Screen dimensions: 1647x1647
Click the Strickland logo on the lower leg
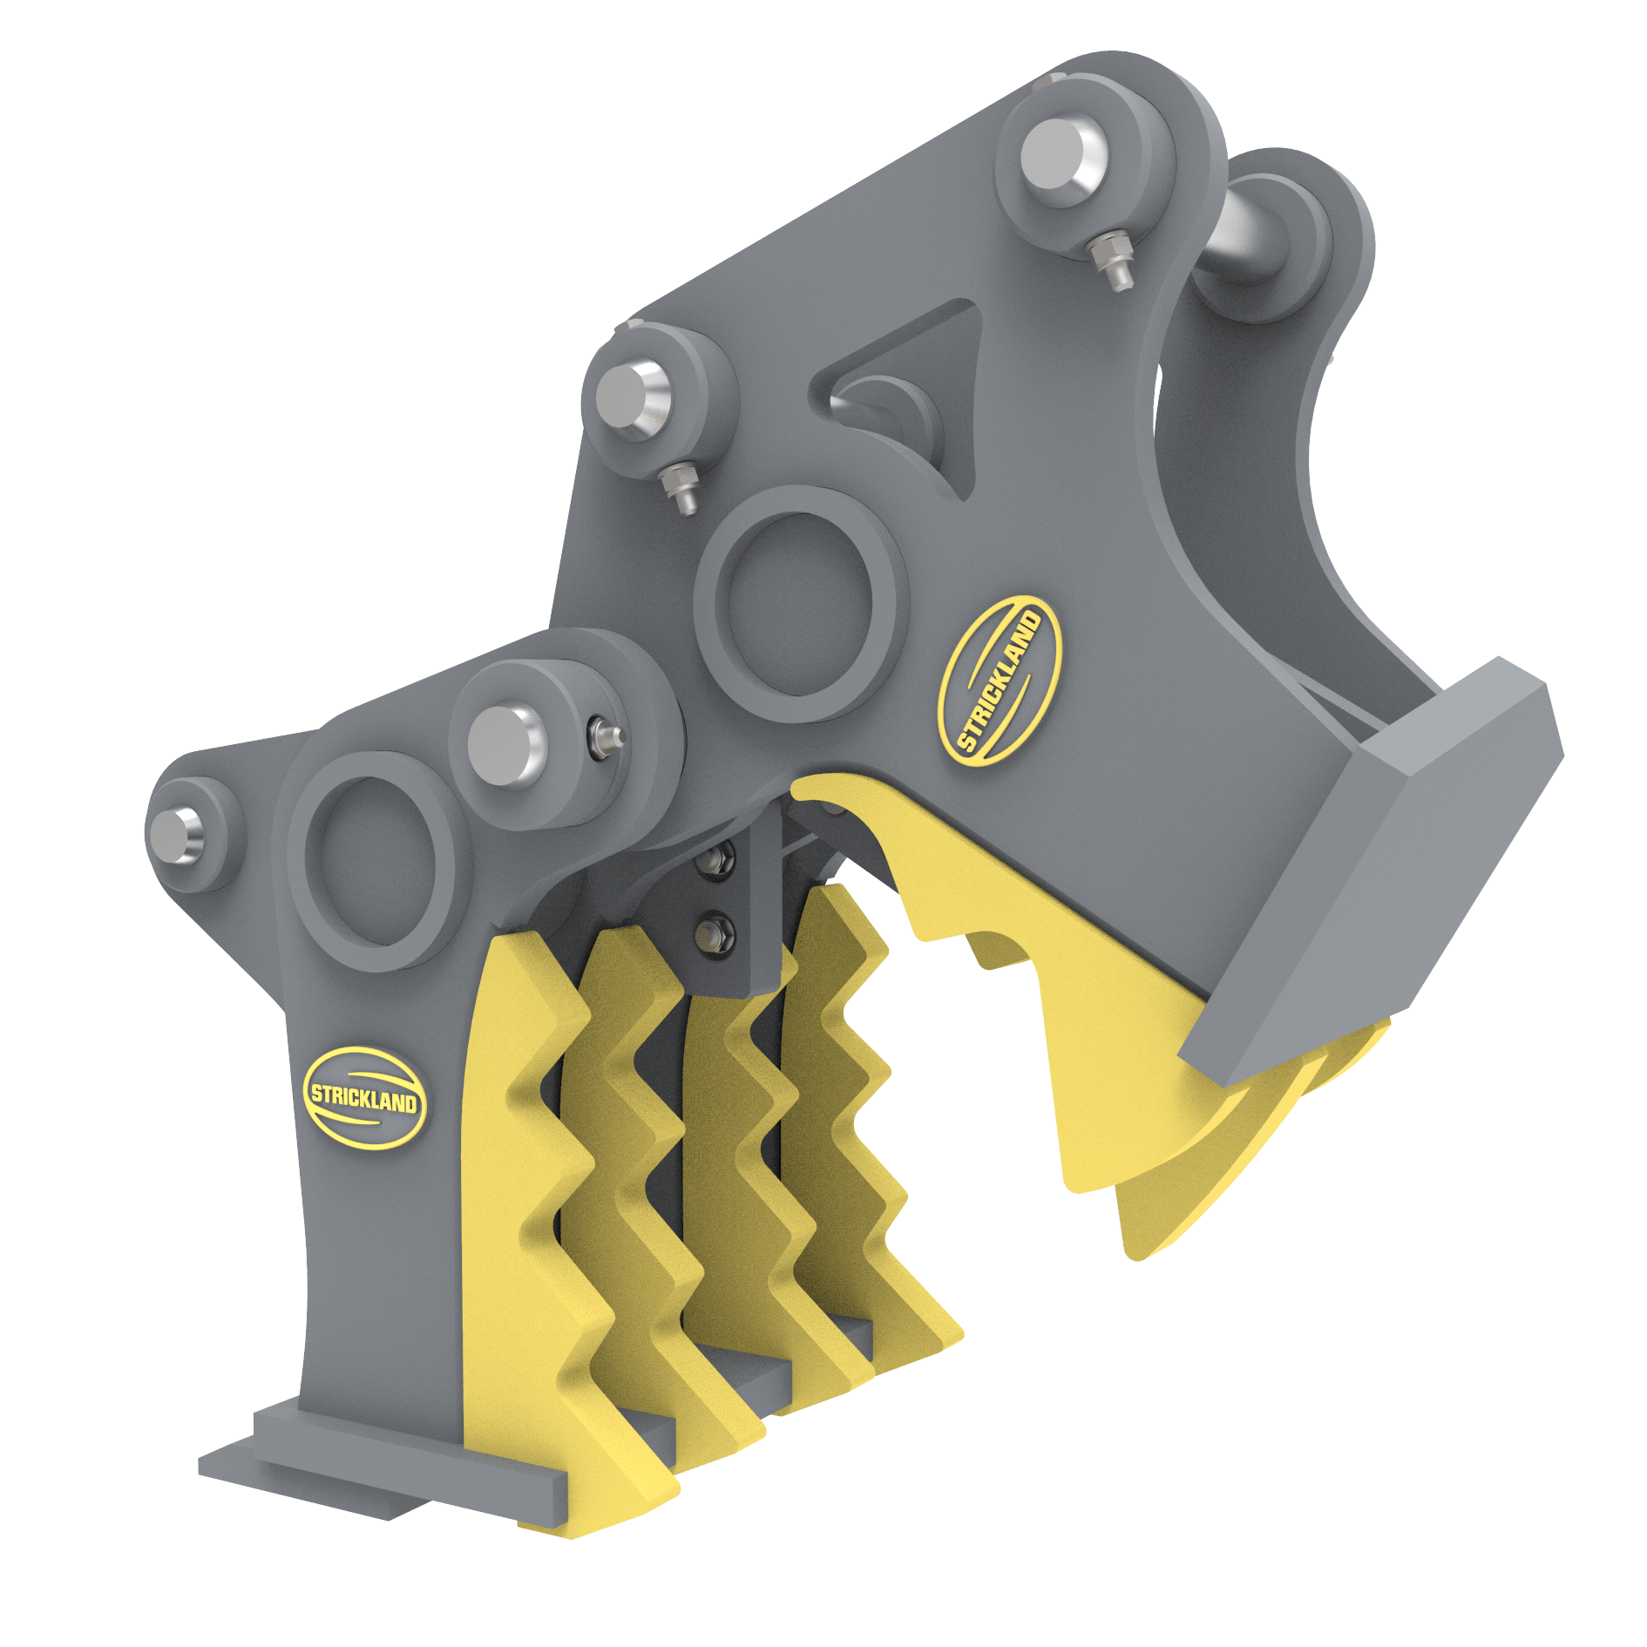[x=364, y=1095]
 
